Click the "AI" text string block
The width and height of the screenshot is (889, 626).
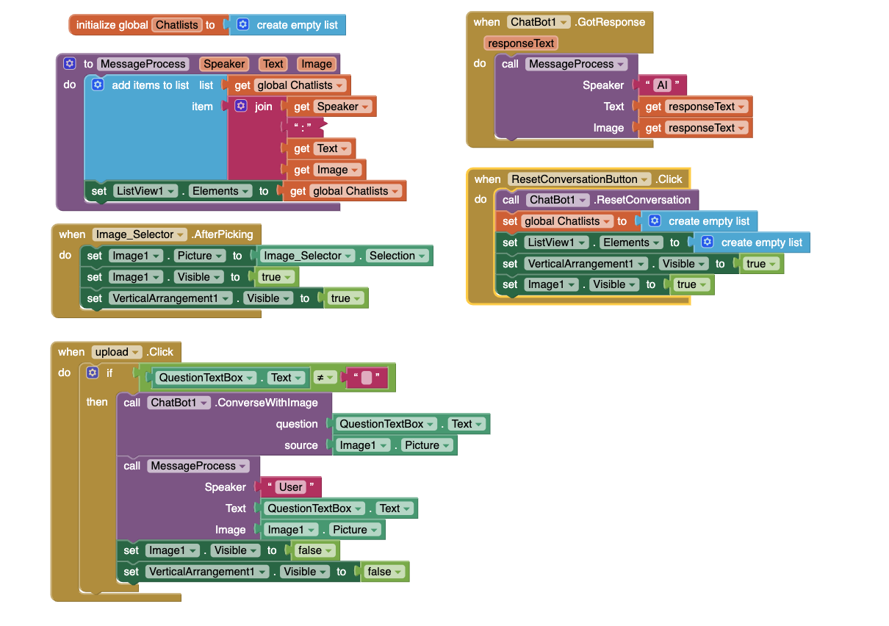point(662,85)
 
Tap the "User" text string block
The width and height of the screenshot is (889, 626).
point(290,487)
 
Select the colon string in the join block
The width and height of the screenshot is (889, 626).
point(303,127)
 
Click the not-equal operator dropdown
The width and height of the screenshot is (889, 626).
point(324,377)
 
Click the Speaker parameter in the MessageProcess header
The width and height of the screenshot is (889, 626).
point(224,64)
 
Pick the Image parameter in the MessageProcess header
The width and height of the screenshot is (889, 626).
point(317,64)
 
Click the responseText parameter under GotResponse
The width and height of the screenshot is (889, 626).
point(521,43)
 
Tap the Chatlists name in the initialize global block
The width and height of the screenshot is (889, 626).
point(176,25)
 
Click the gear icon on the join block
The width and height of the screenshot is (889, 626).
point(241,106)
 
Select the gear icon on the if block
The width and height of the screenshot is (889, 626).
point(93,373)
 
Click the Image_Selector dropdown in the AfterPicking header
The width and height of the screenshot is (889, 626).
point(140,234)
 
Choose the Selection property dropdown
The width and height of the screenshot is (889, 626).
point(397,256)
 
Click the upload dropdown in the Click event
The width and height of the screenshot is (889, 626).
point(116,352)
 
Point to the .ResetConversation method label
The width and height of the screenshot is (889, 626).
point(642,200)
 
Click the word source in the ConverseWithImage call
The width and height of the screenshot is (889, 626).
point(300,445)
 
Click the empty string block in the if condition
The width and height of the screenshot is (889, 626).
point(367,377)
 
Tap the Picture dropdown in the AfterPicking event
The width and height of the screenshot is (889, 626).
point(199,256)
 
